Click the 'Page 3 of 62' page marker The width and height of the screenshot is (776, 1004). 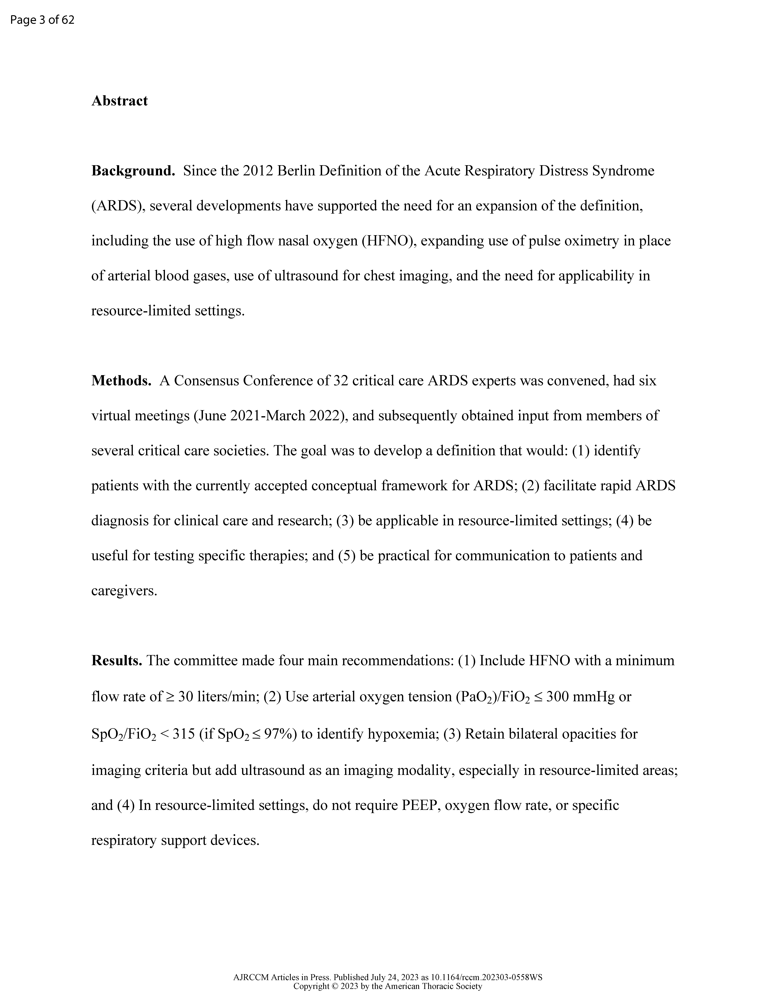[x=42, y=20]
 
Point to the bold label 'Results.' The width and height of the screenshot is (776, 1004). [x=117, y=661]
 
